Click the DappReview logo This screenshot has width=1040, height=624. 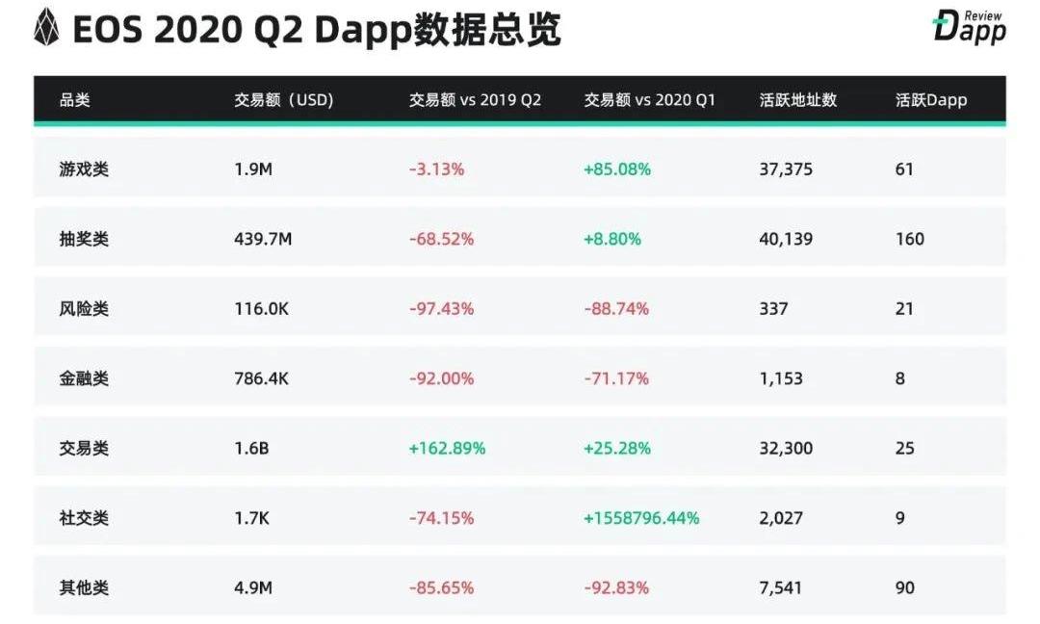pyautogui.click(x=969, y=27)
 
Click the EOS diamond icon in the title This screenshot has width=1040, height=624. pyautogui.click(x=46, y=29)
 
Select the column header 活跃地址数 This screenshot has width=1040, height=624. pyautogui.click(x=797, y=100)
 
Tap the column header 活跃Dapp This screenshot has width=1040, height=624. pyautogui.click(x=930, y=100)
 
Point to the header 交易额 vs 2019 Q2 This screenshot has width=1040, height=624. pyautogui.click(x=475, y=100)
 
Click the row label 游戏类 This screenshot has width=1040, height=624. pyautogui.click(x=84, y=169)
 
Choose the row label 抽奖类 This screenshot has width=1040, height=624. pyautogui.click(x=84, y=239)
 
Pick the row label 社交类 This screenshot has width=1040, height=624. pyautogui.click(x=84, y=518)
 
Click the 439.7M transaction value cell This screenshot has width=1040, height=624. pyautogui.click(x=263, y=239)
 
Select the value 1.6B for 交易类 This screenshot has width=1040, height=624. pyautogui.click(x=251, y=448)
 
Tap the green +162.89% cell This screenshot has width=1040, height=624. pyautogui.click(x=447, y=448)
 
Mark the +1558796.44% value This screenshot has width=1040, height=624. pyautogui.click(x=641, y=518)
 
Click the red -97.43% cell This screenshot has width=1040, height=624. pyautogui.click(x=441, y=309)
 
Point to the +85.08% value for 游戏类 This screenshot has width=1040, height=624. pyautogui.click(x=617, y=169)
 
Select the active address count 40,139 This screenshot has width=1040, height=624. pyautogui.click(x=786, y=239)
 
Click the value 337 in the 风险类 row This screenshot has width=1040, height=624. pyautogui.click(x=773, y=309)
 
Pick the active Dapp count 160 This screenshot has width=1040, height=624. pyautogui.click(x=909, y=239)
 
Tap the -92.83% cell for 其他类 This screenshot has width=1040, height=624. pyautogui.click(x=616, y=587)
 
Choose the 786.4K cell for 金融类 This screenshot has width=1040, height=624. pyautogui.click(x=261, y=378)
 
